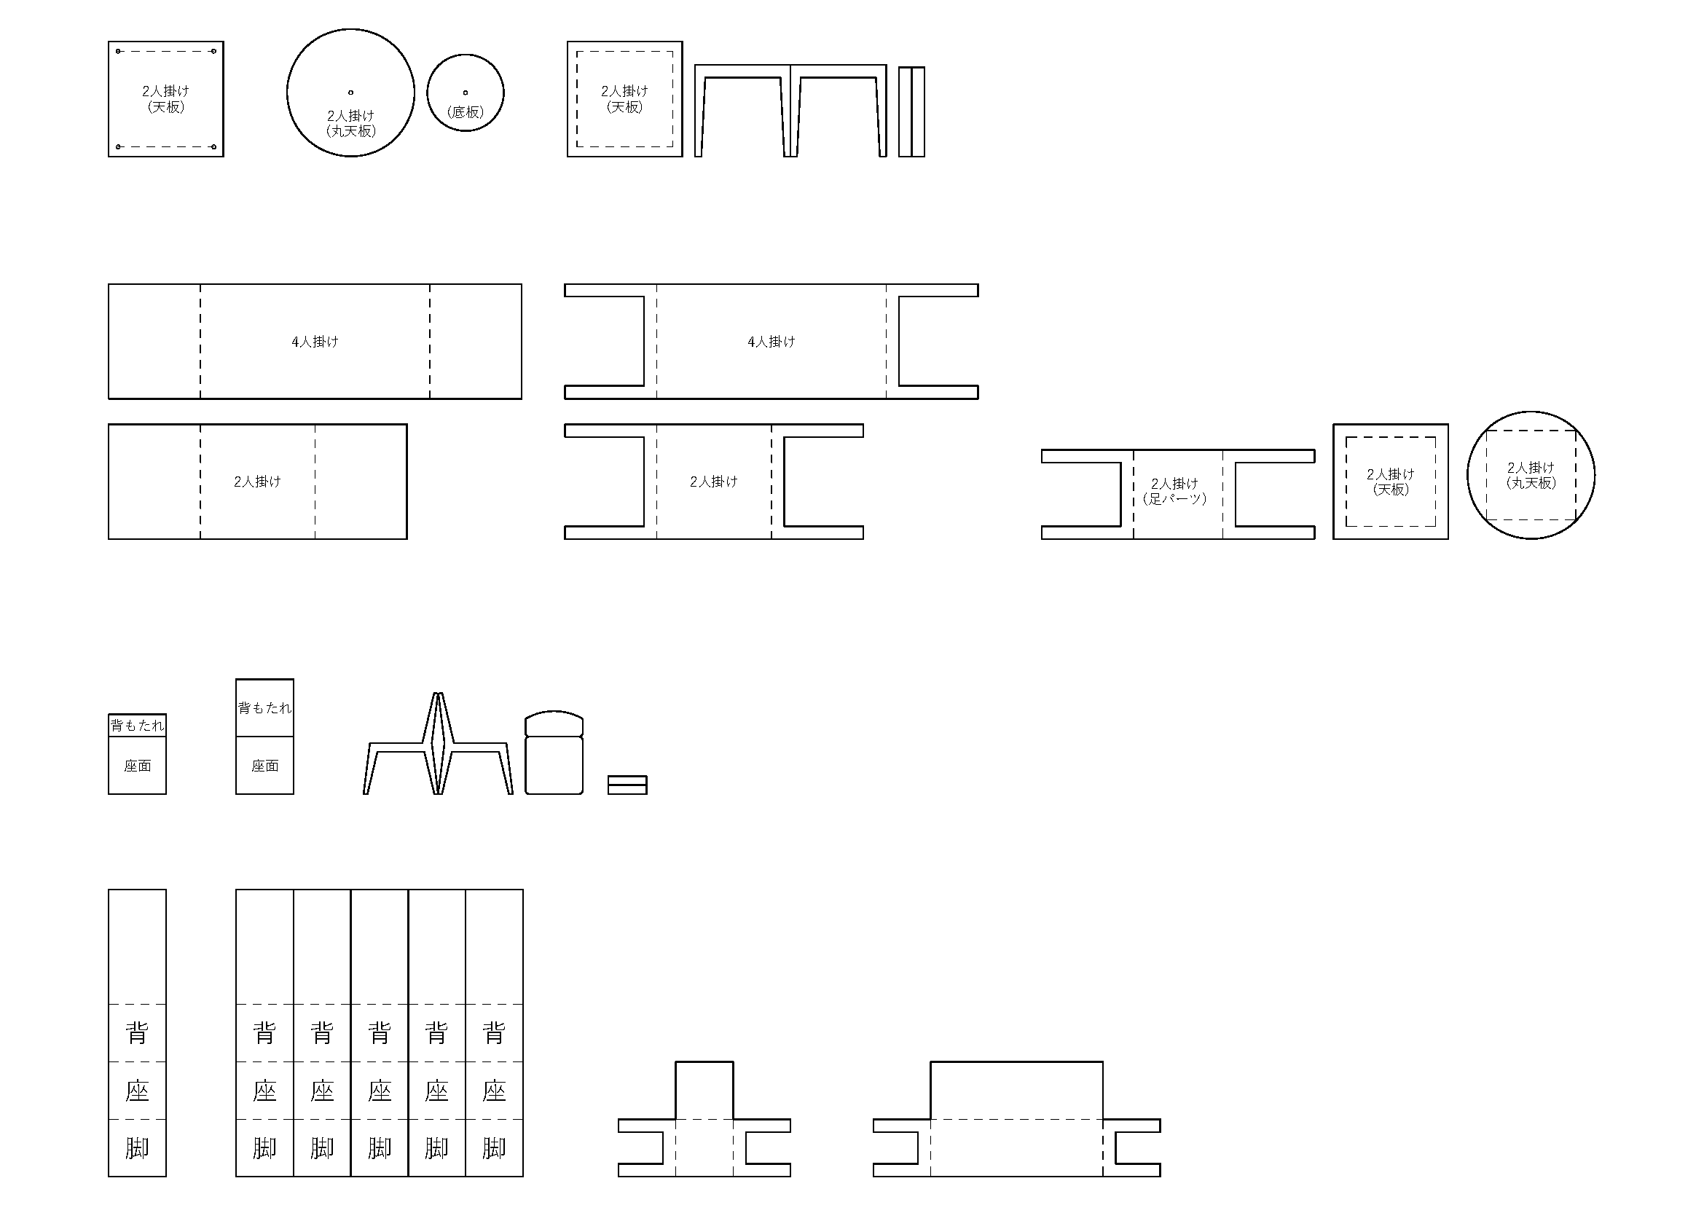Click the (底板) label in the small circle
[x=466, y=112]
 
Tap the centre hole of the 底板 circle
[x=466, y=93]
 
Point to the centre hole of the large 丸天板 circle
[x=351, y=93]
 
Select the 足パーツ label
[x=1175, y=498]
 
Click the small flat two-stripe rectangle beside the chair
[x=627, y=785]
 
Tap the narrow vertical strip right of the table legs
[x=911, y=112]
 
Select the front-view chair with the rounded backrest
[x=554, y=753]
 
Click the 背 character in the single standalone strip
[x=137, y=1033]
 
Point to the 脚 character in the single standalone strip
[x=137, y=1148]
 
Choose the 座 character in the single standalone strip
[x=137, y=1091]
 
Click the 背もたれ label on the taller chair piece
[x=265, y=708]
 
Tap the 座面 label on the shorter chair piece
[x=137, y=766]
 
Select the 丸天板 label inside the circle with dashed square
[x=1531, y=483]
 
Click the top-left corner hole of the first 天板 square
[x=119, y=51]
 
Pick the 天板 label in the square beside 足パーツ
[x=1391, y=490]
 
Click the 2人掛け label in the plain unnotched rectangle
[x=257, y=482]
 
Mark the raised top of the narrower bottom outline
[x=704, y=1089]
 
